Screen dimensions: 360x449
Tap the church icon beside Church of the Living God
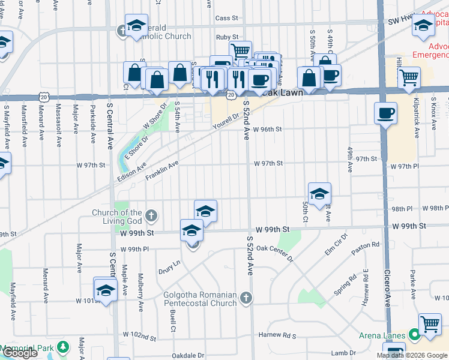click(152, 215)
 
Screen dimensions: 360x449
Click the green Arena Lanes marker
click(414, 334)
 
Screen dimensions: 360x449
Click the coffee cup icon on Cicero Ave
click(385, 112)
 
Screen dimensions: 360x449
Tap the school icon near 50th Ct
click(320, 193)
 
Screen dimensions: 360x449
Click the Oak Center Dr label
click(274, 253)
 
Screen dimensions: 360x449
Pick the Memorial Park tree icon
click(63, 347)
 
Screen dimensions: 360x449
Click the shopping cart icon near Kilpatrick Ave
click(409, 77)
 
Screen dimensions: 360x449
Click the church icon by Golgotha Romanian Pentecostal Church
click(246, 298)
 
